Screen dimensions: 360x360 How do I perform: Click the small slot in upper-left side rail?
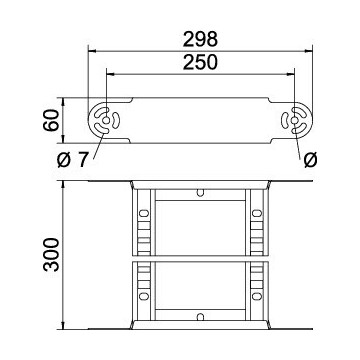tap(144, 211)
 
